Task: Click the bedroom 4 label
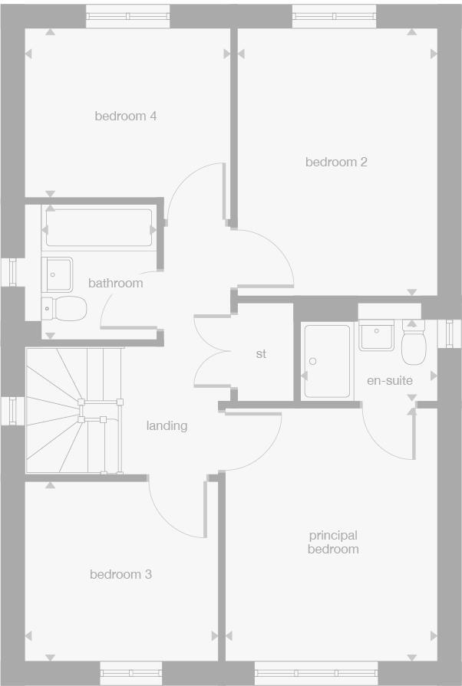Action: [126, 117]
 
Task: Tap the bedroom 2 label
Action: [336, 162]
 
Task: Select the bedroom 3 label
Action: [120, 575]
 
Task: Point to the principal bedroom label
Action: [333, 543]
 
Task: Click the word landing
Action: [167, 425]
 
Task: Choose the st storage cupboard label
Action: [261, 354]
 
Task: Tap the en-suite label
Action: [390, 381]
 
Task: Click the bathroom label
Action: [115, 283]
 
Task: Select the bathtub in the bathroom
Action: [99, 228]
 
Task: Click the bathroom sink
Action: [58, 274]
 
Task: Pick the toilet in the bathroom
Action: [64, 309]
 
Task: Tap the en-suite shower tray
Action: [327, 360]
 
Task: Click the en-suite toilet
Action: [414, 344]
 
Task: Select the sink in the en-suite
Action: [377, 335]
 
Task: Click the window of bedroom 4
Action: [127, 16]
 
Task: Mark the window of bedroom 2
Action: [335, 16]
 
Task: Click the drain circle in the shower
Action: [312, 362]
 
